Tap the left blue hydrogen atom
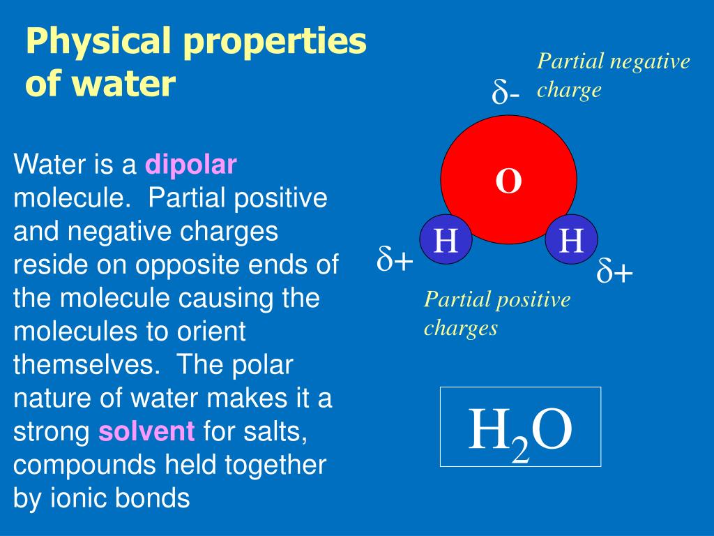point(446,241)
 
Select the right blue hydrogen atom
point(572,241)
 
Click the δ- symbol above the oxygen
point(506,92)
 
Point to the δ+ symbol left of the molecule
point(395,259)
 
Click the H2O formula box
point(520,426)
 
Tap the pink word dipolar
point(191,165)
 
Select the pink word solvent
point(146,432)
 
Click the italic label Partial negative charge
point(613,75)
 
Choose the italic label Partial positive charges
point(496,313)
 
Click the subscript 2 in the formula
point(520,450)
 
